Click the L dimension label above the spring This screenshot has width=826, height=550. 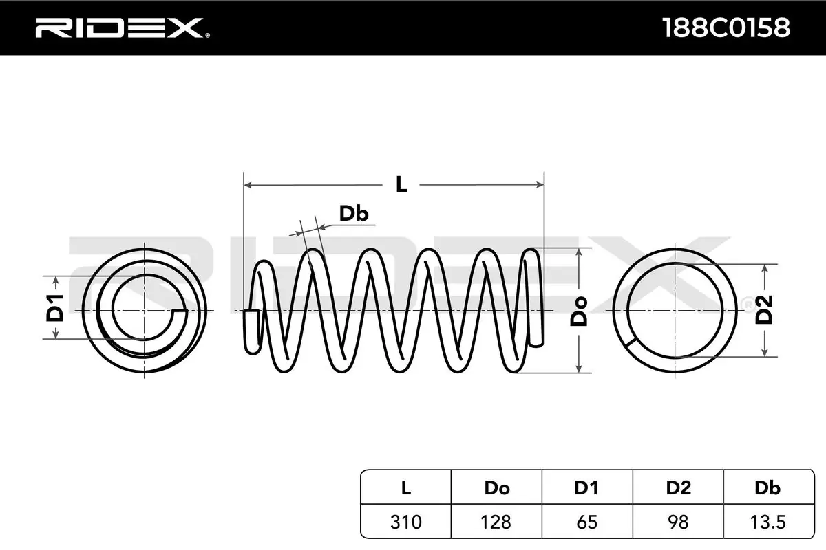(x=401, y=184)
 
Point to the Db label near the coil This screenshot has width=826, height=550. (x=354, y=214)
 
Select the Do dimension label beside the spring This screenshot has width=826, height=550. (x=580, y=310)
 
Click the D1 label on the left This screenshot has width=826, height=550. (x=55, y=307)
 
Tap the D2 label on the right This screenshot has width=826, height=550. (x=765, y=309)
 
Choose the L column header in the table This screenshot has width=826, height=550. (x=405, y=488)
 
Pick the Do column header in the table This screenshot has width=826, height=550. (x=496, y=488)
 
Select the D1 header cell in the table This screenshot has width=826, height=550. (x=586, y=488)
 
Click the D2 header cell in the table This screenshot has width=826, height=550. (x=678, y=488)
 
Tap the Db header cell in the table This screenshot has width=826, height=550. (x=767, y=488)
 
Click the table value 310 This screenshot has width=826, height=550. (x=405, y=522)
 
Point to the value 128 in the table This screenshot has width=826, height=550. (x=496, y=522)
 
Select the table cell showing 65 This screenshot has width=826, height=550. (x=586, y=522)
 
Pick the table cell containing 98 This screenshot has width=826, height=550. (x=678, y=522)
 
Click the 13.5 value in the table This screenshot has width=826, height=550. (x=767, y=522)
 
